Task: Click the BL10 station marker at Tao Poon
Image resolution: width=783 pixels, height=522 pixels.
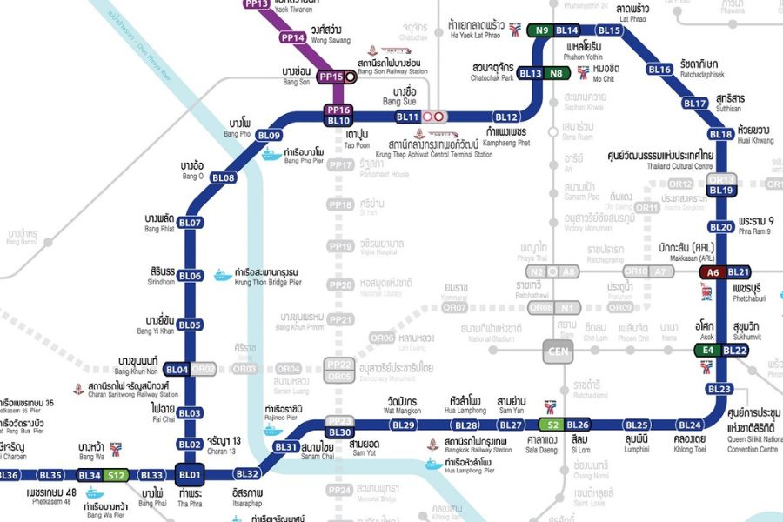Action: pos(338,121)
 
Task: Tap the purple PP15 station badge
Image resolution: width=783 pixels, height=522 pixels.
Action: pos(331,77)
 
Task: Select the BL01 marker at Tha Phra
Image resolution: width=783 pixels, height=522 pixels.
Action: pos(190,475)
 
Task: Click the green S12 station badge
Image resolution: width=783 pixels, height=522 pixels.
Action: pos(117,475)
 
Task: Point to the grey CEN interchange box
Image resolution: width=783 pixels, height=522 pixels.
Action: pos(557,352)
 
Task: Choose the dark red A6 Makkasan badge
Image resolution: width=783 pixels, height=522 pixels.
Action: pos(713,272)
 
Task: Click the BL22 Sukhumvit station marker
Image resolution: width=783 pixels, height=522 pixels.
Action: pos(736,351)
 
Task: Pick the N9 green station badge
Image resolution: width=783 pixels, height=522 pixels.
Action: pos(542,30)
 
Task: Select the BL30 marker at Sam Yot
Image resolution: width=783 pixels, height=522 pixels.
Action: pos(340,432)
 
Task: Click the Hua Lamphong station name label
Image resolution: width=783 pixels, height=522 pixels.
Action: pos(463,405)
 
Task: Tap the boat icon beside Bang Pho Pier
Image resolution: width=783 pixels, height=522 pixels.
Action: pos(271,155)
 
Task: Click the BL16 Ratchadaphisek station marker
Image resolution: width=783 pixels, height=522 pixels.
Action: pos(659,70)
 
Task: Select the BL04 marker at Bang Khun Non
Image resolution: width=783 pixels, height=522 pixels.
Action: pos(177,370)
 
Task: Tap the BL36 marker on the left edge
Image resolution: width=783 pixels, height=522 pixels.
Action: pos(9,475)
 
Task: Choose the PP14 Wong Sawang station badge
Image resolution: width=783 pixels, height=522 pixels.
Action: pos(292,38)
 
